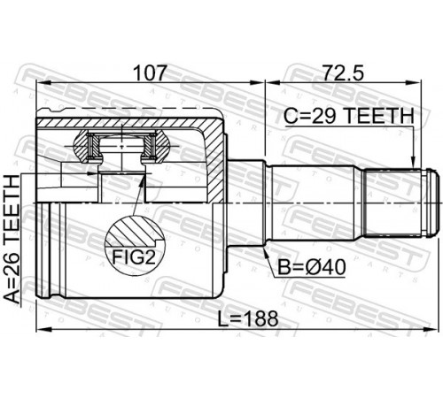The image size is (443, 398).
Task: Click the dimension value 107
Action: tap(151, 73)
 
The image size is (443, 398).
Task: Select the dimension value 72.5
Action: tap(343, 73)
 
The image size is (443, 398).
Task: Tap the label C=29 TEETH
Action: tap(349, 116)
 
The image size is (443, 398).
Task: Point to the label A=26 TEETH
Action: tap(12, 239)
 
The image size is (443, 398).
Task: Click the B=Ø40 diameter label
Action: tap(312, 267)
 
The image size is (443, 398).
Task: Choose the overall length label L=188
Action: tap(248, 318)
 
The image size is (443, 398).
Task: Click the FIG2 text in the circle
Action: tap(134, 257)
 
